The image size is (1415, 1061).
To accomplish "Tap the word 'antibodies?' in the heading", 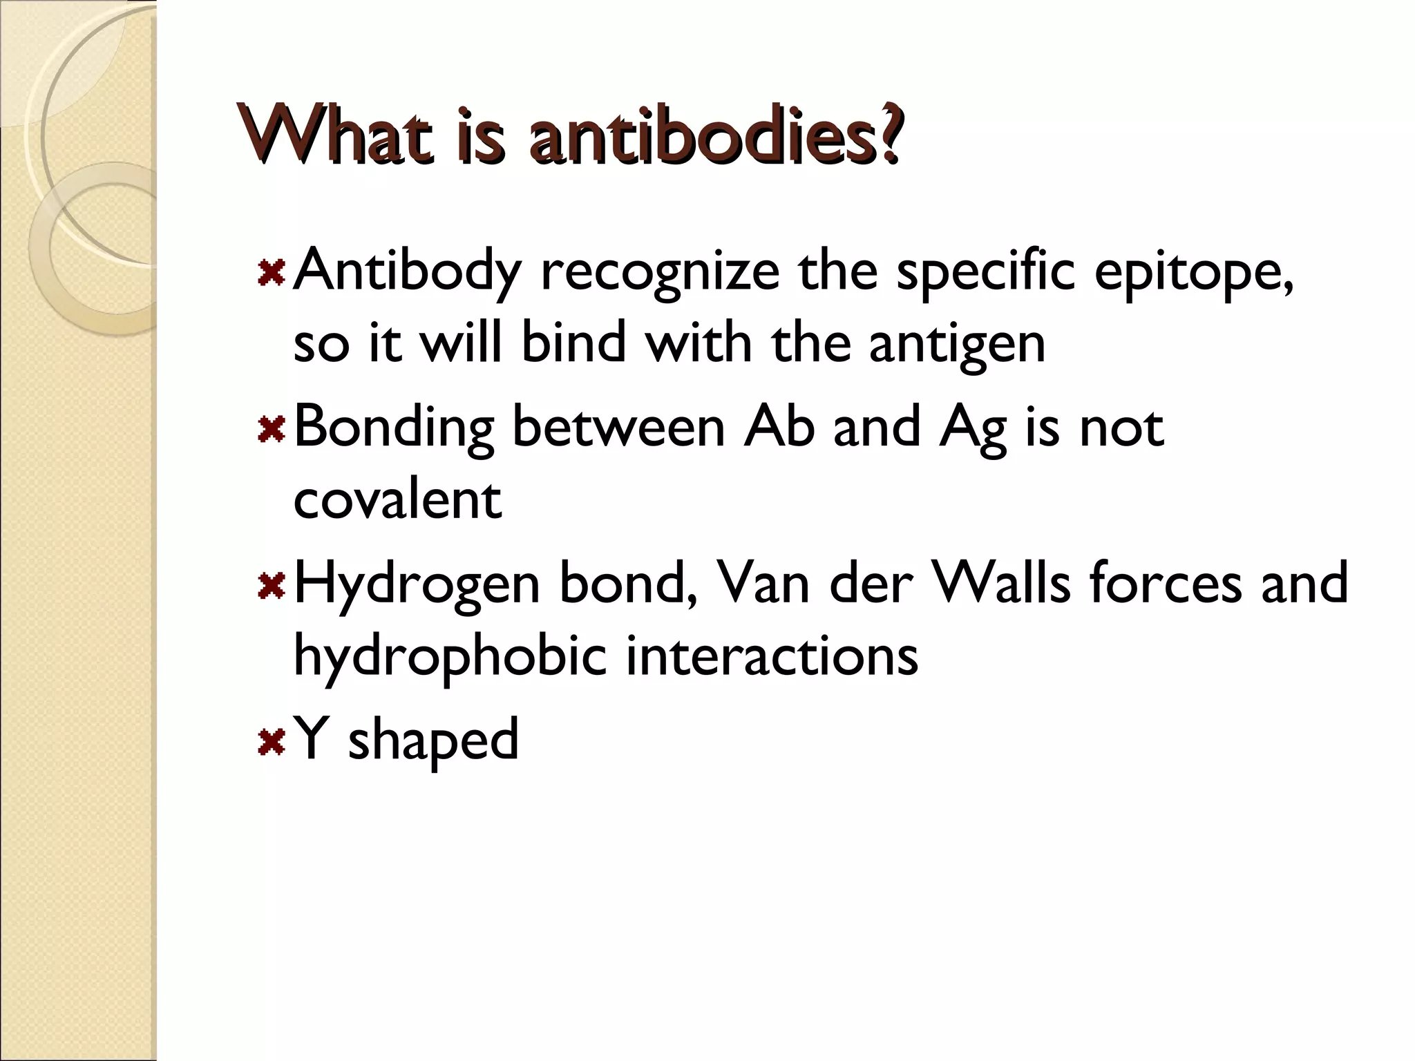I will pos(714,135).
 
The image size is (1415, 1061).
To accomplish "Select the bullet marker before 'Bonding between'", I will pos(271,429).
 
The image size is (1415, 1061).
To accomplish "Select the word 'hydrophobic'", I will pos(450,656).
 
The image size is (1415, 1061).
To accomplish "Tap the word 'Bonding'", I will pos(395,429).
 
